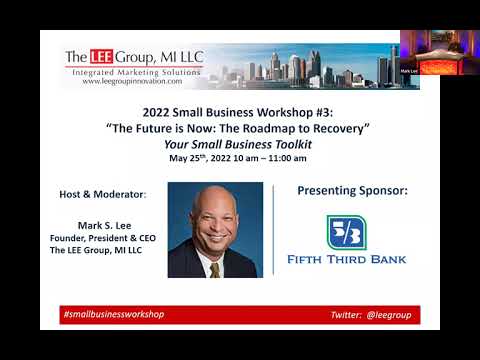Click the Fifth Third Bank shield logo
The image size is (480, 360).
point(347,233)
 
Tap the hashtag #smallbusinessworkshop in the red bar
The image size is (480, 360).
point(113,314)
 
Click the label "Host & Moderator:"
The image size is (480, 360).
point(104,193)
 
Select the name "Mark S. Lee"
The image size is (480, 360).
point(105,226)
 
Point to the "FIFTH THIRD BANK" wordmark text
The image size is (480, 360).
point(347,260)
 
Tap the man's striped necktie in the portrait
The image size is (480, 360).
point(214,268)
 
